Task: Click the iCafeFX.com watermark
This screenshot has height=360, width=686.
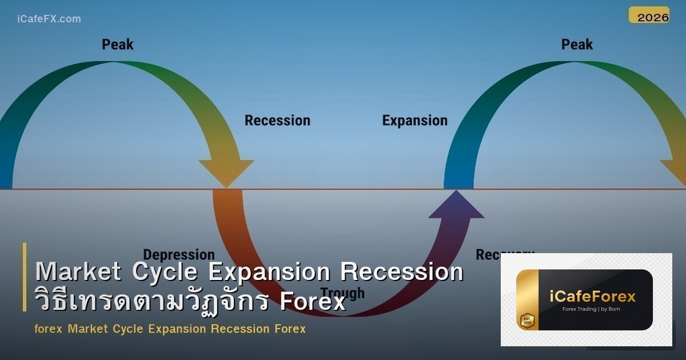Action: click(49, 19)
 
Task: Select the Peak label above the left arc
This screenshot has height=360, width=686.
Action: click(117, 44)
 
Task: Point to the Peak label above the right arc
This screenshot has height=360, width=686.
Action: click(577, 44)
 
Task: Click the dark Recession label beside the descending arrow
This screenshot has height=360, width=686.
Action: click(277, 121)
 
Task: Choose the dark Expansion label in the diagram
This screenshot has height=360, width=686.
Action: click(414, 121)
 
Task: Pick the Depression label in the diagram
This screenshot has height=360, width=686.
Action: click(178, 255)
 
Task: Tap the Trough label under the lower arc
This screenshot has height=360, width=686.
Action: click(342, 293)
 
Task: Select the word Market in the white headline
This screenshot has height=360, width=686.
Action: click(78, 272)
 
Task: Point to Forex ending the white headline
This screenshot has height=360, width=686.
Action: click(313, 301)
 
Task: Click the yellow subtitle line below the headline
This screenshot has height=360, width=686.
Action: click(170, 329)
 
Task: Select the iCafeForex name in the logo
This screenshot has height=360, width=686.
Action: click(593, 296)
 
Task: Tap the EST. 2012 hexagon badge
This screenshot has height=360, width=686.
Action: click(527, 320)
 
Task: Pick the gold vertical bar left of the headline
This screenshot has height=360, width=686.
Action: click(25, 277)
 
